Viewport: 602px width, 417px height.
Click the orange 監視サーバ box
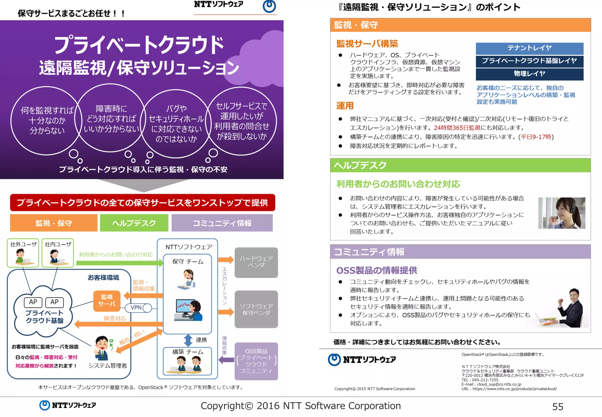point(107,301)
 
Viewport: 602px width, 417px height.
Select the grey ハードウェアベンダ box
point(256,262)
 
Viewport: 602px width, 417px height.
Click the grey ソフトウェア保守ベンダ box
point(256,309)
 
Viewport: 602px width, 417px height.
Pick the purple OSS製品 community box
point(256,361)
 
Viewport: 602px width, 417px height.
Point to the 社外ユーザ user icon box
point(23,253)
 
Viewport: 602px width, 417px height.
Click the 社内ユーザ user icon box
point(58,253)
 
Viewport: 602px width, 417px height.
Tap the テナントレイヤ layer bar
point(529,48)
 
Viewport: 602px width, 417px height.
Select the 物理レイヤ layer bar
point(529,74)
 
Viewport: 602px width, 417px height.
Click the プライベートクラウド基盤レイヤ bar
point(529,61)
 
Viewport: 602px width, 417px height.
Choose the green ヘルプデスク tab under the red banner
point(134,223)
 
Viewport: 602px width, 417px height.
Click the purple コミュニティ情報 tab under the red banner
point(222,223)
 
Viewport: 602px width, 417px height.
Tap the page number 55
point(558,407)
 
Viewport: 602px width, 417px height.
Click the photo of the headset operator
point(561,213)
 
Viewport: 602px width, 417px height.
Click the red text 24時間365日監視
point(457,128)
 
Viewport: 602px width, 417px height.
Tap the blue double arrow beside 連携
point(188,340)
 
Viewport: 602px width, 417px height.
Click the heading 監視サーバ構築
point(367,44)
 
